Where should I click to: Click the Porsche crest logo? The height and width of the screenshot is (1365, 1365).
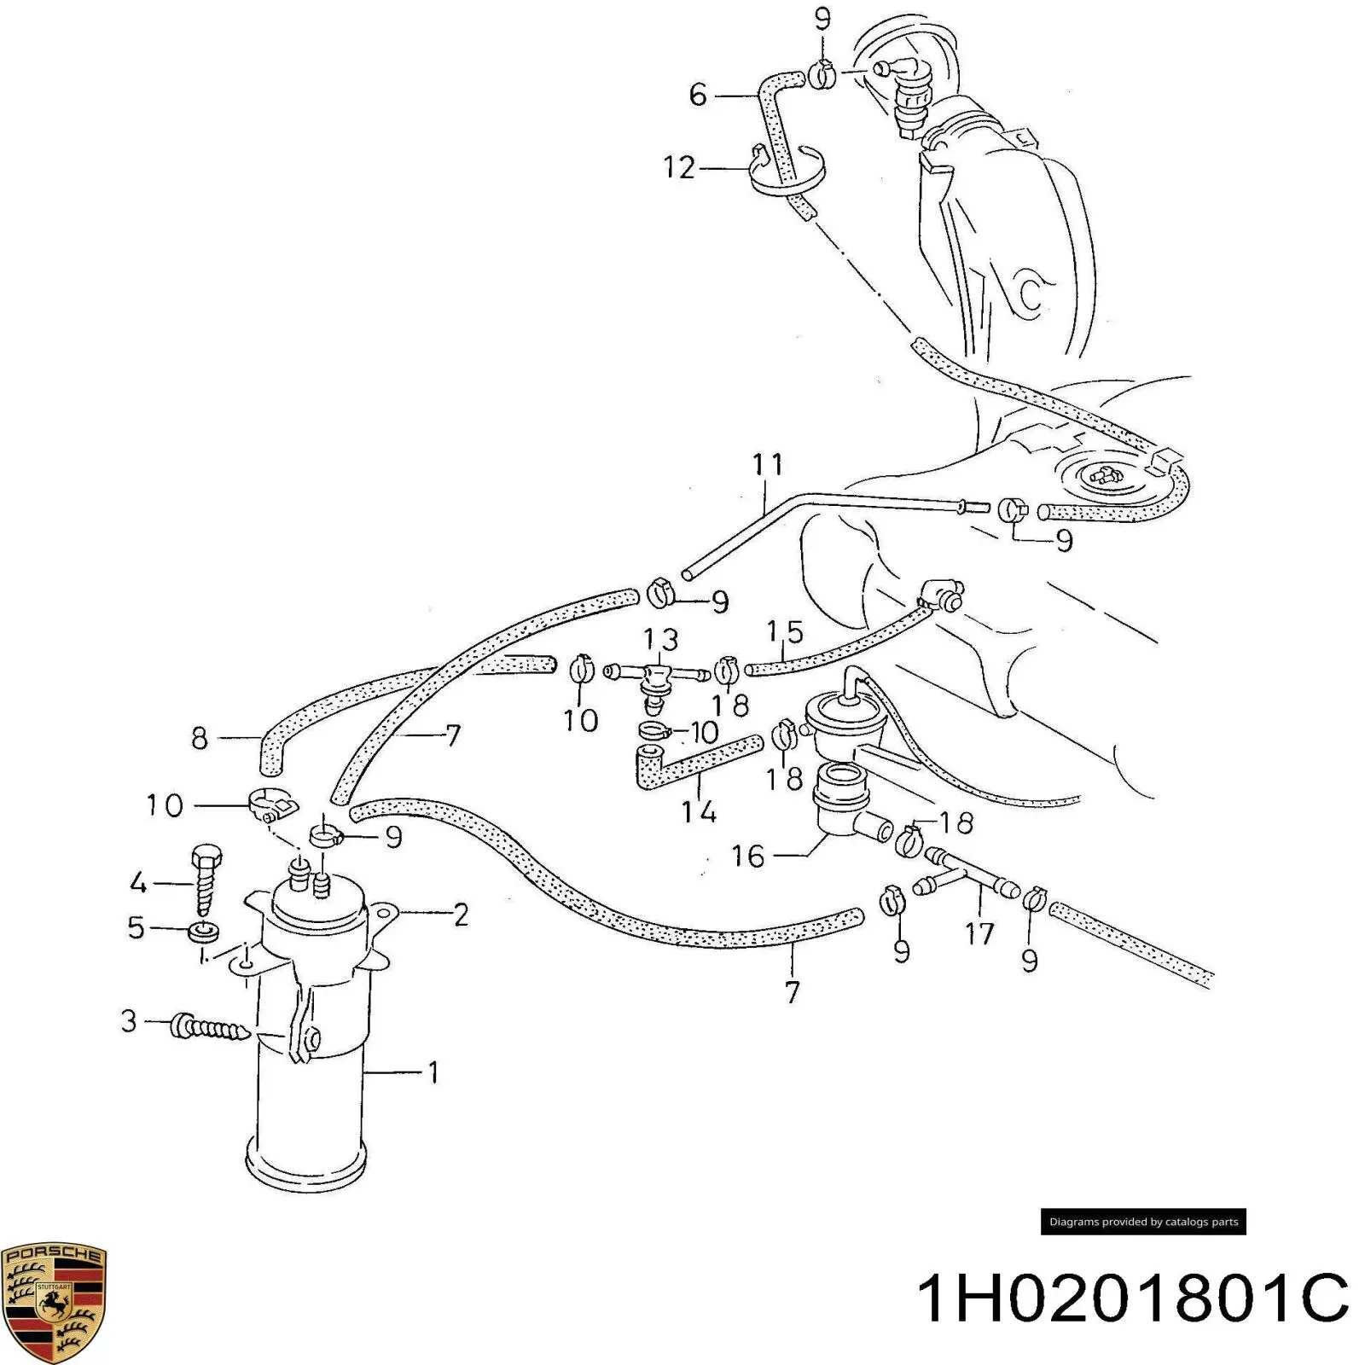point(54,1302)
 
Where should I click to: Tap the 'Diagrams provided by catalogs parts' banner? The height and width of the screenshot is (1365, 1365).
point(1143,1222)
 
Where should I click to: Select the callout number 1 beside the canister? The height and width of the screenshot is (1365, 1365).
point(433,1072)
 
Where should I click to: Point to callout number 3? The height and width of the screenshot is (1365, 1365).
point(129,1020)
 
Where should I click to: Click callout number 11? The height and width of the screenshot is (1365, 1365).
point(767,465)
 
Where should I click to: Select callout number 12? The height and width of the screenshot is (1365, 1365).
point(679,167)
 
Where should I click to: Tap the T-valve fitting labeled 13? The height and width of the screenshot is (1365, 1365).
point(655,678)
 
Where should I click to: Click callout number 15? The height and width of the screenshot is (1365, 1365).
point(785,632)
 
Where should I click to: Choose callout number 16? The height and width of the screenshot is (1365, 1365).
point(748,856)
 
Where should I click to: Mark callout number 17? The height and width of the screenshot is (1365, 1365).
point(979,933)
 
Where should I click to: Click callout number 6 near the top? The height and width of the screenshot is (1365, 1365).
point(698,94)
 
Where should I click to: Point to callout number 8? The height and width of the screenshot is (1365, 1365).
point(199,738)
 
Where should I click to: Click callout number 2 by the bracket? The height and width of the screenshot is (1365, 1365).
point(461,915)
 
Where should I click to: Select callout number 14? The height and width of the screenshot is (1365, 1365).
point(699,810)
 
